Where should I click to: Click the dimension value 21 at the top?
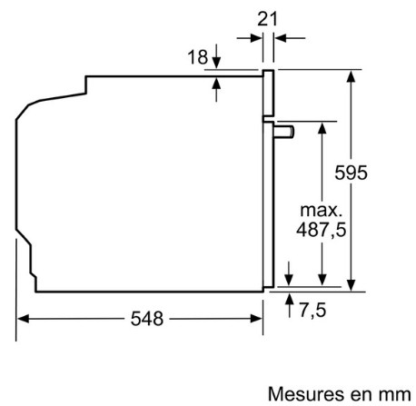[267, 19]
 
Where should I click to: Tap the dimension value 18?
[198, 57]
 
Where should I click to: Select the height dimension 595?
[351, 173]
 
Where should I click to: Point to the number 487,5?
[321, 230]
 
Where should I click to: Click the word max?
[321, 210]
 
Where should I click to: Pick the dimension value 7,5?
[312, 311]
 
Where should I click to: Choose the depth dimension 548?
[147, 319]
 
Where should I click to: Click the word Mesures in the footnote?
[306, 394]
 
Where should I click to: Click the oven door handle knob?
[283, 133]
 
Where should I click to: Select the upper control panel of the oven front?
[268, 93]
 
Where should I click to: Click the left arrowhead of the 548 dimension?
[23, 319]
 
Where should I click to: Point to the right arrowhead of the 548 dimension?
[256, 319]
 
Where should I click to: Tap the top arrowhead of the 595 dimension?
[351, 76]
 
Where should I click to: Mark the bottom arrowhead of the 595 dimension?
[351, 285]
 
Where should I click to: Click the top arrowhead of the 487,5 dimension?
[322, 128]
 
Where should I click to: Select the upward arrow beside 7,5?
[290, 305]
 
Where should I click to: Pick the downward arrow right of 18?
[216, 56]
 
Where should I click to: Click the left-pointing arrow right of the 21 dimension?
[290, 38]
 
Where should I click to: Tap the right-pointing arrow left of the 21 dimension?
[250, 38]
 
